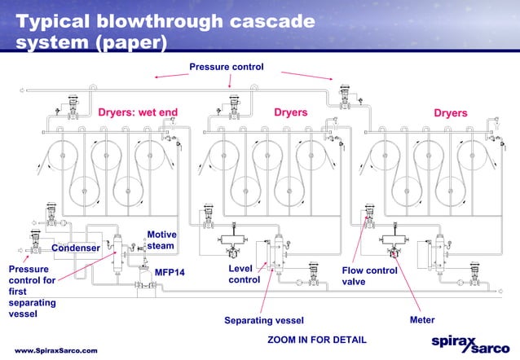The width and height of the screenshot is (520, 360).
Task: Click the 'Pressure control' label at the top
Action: click(226, 66)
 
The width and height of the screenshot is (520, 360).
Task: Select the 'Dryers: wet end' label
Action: click(138, 112)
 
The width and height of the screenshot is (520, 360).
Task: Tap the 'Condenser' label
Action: click(76, 248)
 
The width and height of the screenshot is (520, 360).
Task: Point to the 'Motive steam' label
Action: click(161, 240)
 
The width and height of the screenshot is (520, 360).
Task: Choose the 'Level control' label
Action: click(244, 274)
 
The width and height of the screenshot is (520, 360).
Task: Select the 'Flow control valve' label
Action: click(369, 276)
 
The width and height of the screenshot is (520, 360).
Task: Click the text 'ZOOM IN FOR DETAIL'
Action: click(317, 339)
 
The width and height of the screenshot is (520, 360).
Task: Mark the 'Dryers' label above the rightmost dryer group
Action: click(450, 112)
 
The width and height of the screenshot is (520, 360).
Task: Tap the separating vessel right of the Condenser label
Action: click(119, 245)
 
